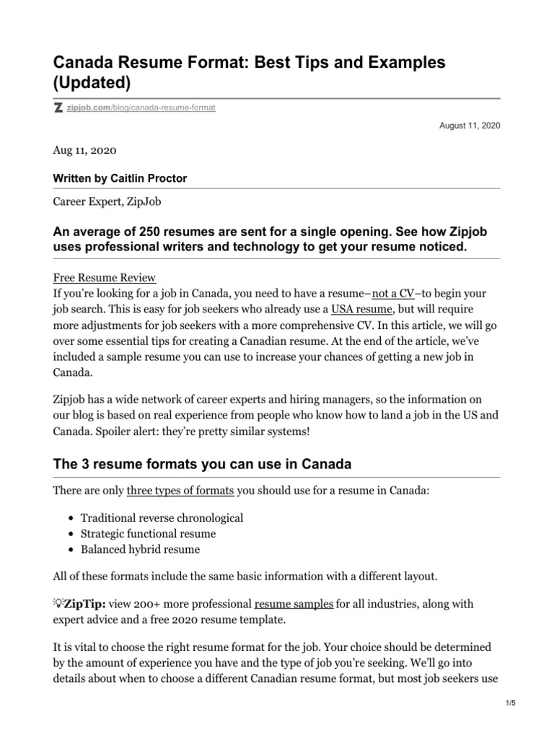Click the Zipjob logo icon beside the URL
pyautogui.click(x=58, y=108)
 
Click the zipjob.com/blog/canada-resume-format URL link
pyautogui.click(x=141, y=108)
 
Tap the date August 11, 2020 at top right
pyautogui.click(x=470, y=126)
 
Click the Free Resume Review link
pyautogui.click(x=105, y=278)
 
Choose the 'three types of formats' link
pyautogui.click(x=180, y=491)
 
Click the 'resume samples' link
pyautogui.click(x=294, y=603)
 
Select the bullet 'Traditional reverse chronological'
pyautogui.click(x=162, y=518)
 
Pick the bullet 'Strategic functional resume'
pyautogui.click(x=148, y=534)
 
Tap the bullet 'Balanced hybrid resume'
pyautogui.click(x=140, y=549)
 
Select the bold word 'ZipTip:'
pyautogui.click(x=86, y=603)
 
